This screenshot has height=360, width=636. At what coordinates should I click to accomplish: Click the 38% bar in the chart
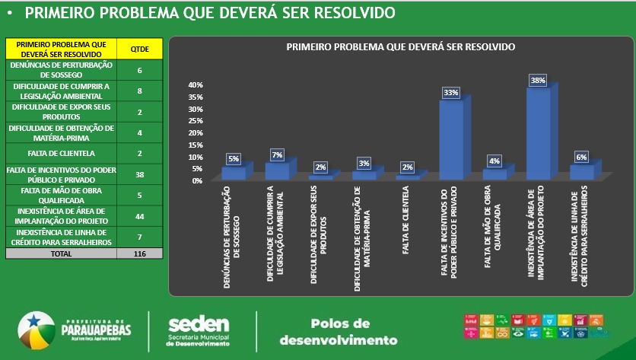point(538,133)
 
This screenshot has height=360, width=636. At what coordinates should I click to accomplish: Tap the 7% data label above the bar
point(277,155)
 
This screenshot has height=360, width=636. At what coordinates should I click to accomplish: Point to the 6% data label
point(581,157)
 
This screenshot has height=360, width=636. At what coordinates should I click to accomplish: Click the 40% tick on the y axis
point(196,85)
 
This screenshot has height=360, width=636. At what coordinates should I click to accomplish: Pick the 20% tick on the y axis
point(196,132)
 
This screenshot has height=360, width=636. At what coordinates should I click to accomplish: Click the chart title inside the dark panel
point(401,47)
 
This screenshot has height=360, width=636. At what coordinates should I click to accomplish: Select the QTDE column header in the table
point(140,49)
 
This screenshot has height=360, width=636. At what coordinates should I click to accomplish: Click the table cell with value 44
point(140,215)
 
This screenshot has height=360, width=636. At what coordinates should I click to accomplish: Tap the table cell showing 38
point(140,174)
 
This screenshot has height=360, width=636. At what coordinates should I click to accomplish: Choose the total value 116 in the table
point(139,253)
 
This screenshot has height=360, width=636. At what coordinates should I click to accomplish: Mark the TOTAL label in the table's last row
point(62,253)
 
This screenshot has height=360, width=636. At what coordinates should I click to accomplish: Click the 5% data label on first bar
point(233,159)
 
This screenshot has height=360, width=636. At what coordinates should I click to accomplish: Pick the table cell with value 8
point(140,91)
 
